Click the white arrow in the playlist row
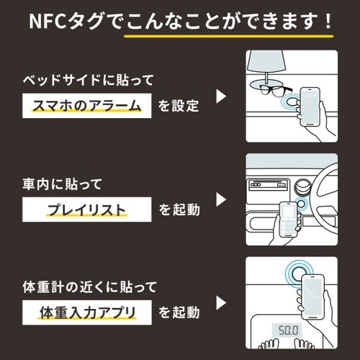point(222,199)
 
